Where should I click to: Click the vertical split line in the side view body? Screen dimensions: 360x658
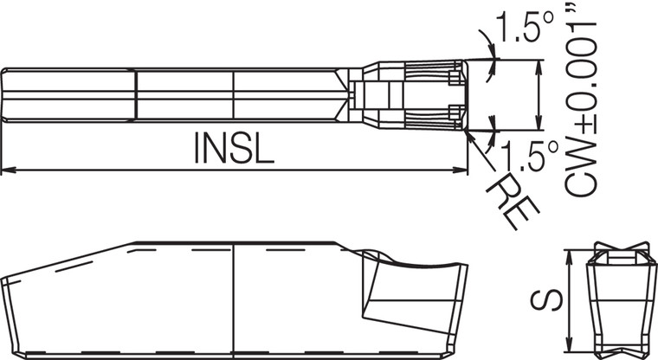pyautogui.click(x=235, y=299)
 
